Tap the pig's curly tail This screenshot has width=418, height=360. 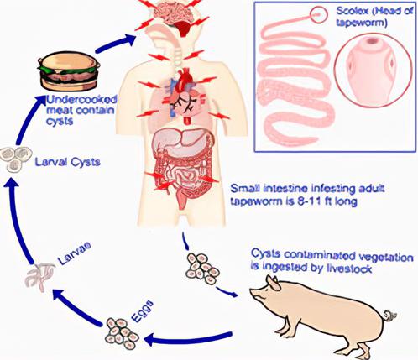[389, 316]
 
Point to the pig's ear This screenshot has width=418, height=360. [274, 283]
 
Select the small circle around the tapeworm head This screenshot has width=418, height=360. [319, 14]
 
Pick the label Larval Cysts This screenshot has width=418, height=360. [68, 162]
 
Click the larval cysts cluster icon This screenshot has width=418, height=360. [16, 159]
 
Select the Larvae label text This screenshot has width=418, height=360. [75, 253]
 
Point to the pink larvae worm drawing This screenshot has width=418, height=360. [40, 276]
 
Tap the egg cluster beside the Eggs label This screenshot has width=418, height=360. [122, 333]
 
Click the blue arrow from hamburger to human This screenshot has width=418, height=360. [116, 44]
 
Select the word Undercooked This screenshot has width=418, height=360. [81, 100]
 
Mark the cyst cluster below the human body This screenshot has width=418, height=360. [202, 269]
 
